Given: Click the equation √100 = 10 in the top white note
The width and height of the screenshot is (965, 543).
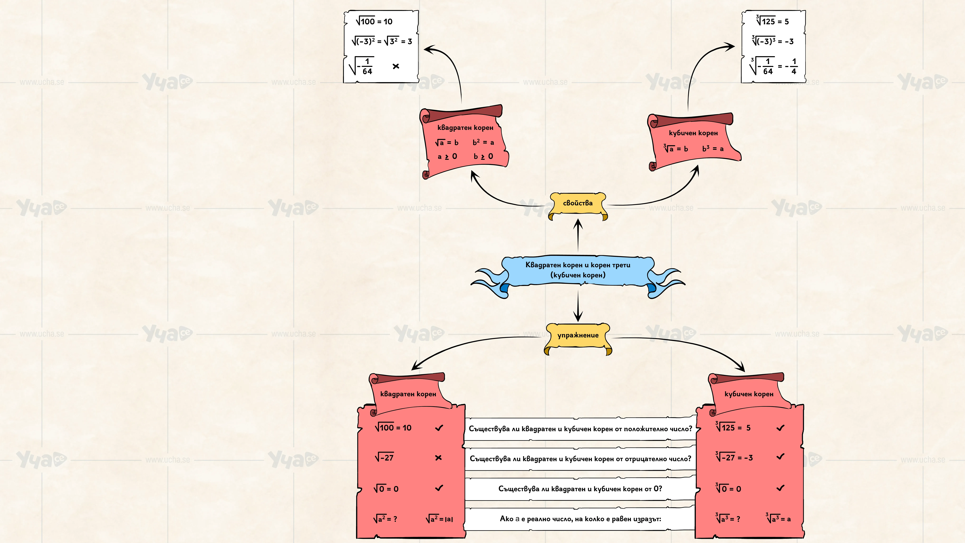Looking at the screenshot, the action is pyautogui.click(x=374, y=21).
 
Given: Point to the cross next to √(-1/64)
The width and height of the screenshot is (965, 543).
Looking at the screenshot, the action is pyautogui.click(x=396, y=66).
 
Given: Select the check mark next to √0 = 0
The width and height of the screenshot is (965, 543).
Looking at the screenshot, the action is pyautogui.click(x=439, y=488).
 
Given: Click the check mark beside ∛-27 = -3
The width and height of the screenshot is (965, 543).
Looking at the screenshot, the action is pyautogui.click(x=780, y=456).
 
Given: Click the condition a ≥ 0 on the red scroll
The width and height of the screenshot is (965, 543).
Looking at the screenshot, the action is pyautogui.click(x=447, y=156).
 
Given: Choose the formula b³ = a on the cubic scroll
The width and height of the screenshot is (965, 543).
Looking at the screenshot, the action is pyautogui.click(x=713, y=148).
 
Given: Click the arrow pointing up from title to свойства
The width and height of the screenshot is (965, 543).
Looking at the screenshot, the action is pyautogui.click(x=578, y=235).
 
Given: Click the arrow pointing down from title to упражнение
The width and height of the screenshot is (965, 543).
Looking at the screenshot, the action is pyautogui.click(x=578, y=307).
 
